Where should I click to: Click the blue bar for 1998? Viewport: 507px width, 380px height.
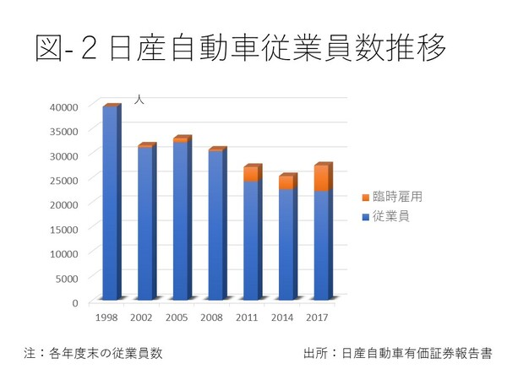[110, 203]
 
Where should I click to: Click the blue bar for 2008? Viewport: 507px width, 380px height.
[215, 225]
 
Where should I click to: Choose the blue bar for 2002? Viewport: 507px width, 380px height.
[145, 223]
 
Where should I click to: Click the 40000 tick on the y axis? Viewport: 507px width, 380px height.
[64, 106]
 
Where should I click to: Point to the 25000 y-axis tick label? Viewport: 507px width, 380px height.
[64, 180]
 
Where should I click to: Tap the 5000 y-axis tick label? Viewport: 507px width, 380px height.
[68, 278]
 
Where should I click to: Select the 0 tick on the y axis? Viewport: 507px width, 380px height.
[75, 302]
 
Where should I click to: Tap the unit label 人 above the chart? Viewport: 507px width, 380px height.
[140, 100]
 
